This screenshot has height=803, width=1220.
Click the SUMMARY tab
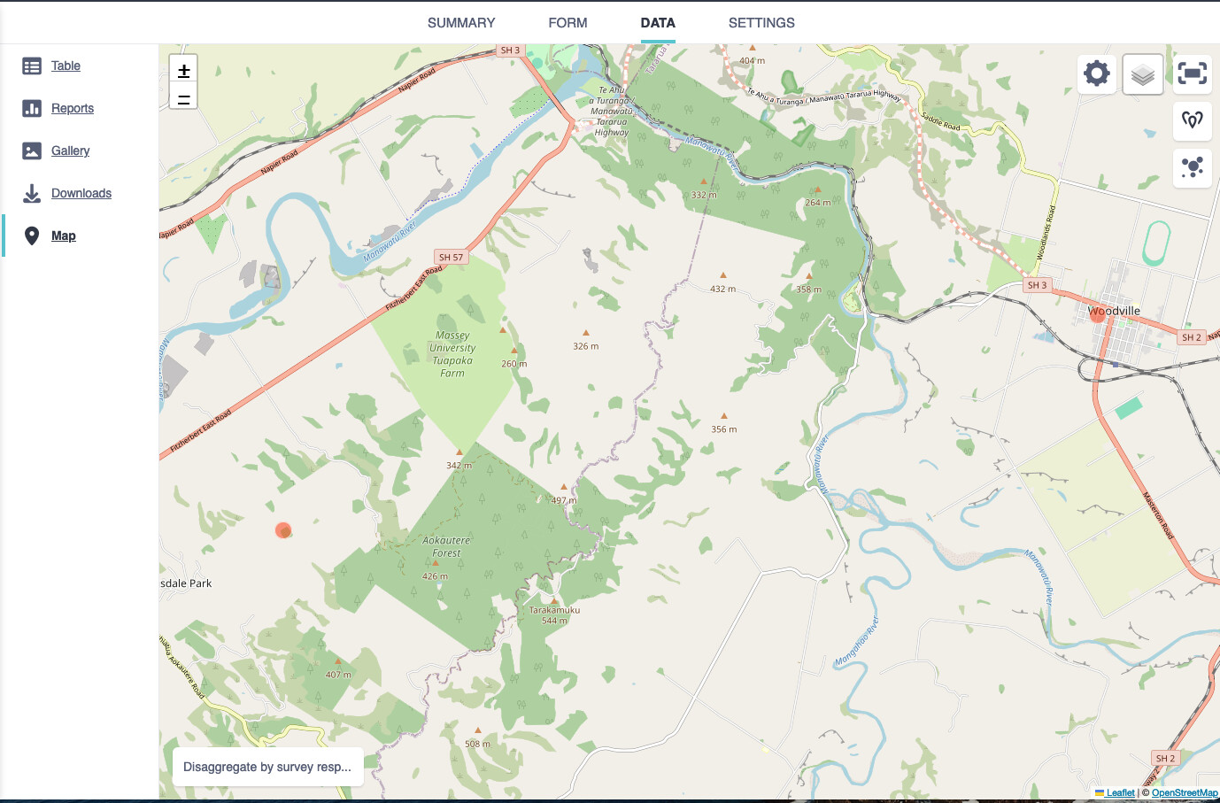pos(461,23)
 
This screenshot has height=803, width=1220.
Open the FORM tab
pos(568,23)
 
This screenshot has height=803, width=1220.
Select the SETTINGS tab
pos(761,23)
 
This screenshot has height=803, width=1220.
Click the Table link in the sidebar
pos(66,66)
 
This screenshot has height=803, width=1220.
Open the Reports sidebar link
pos(73,108)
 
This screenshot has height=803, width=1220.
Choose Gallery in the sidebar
pos(70,151)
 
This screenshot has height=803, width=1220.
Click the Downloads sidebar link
pos(81,193)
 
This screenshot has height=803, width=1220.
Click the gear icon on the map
pos(1097,73)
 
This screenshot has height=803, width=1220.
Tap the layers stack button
pos(1143,74)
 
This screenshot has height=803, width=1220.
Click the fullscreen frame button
pos(1192,73)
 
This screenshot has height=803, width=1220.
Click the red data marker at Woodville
pos(1098,314)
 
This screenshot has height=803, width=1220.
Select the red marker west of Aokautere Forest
pos(283,530)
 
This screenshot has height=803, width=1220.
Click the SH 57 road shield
pos(451,258)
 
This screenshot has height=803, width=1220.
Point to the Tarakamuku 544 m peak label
pos(554,614)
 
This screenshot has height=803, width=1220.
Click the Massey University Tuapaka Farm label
pos(452,354)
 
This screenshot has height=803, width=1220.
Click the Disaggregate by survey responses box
pos(267,767)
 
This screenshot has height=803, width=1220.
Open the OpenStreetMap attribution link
pos(1185,793)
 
